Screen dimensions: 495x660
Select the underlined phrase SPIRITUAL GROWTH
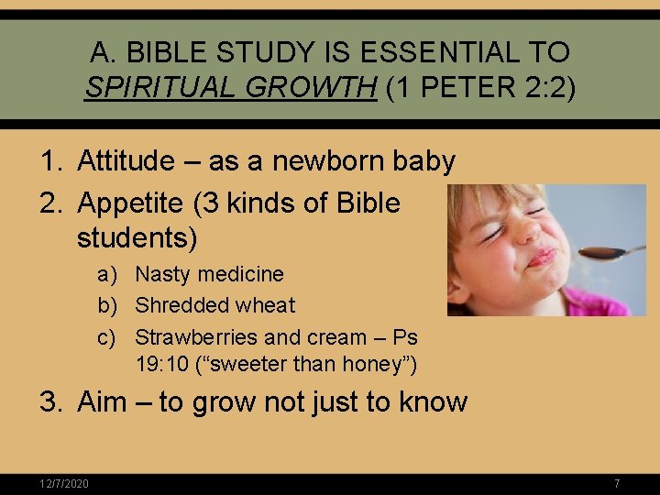click(230, 88)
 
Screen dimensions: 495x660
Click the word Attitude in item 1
click(126, 161)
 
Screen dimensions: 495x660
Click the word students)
click(137, 238)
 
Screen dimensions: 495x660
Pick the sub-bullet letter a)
click(108, 274)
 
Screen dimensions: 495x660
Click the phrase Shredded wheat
click(215, 305)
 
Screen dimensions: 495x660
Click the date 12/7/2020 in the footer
click(64, 484)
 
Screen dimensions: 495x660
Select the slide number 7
click(617, 484)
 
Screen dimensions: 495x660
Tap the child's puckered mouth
click(542, 257)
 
